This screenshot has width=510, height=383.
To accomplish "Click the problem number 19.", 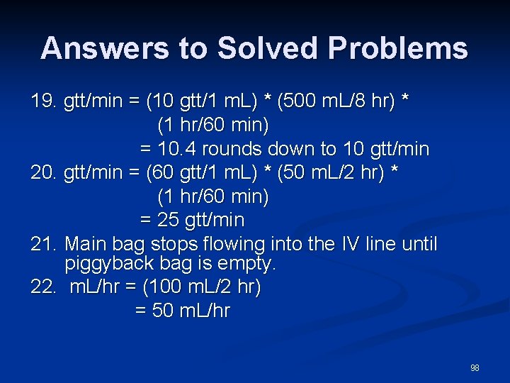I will tap(43, 101).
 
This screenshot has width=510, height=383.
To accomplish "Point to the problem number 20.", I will tap(43, 172).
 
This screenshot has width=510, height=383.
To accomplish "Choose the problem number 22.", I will tap(43, 287).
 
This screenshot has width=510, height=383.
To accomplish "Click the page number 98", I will tap(475, 368).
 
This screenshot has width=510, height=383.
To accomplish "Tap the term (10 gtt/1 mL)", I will tap(195, 101).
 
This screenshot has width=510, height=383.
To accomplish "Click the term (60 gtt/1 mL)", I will tap(195, 172).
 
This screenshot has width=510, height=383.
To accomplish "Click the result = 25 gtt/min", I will tap(192, 220).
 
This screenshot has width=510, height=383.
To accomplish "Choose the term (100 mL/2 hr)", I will tap(202, 287).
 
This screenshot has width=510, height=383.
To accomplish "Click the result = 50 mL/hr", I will tap(183, 311).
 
